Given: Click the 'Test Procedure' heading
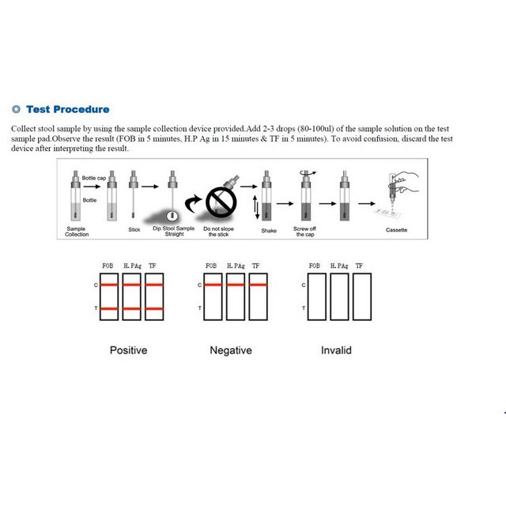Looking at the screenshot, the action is click(68, 109).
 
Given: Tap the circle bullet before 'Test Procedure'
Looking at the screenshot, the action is click(16, 109).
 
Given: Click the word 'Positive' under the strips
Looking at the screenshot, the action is click(128, 349).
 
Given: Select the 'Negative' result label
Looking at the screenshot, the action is click(231, 349).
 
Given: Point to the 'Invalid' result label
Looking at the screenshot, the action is click(336, 349).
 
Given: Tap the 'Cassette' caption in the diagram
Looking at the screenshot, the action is click(396, 230).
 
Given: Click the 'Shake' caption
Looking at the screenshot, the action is click(269, 231).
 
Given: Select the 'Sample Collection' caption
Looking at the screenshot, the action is click(77, 231).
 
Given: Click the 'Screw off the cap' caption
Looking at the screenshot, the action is click(305, 232).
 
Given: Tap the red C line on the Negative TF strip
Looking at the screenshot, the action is click(259, 285).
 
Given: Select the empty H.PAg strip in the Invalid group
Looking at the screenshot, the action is click(340, 296).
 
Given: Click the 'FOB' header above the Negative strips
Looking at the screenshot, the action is click(211, 266).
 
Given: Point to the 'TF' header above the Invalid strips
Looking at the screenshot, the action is click(361, 266).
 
